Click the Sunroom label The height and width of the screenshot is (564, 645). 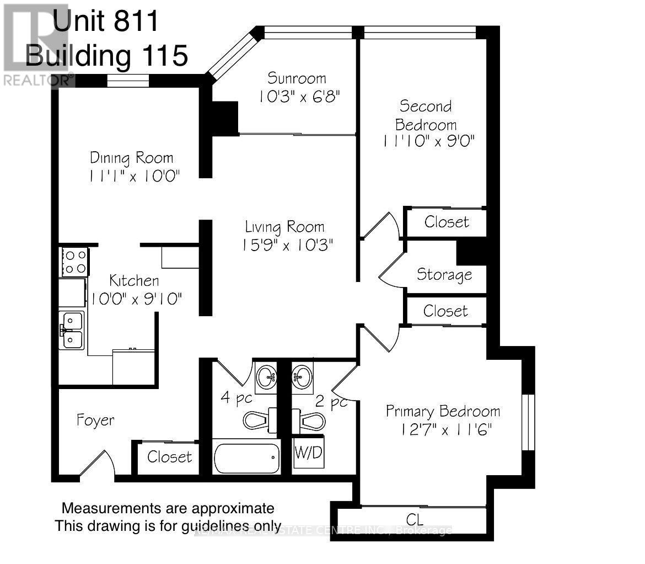coord(297,78)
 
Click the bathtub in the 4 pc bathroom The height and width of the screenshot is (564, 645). coord(246,457)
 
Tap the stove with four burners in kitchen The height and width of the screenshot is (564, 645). coord(74,262)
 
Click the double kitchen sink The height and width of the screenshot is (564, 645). coord(72,330)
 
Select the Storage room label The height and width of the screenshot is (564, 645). coord(444,274)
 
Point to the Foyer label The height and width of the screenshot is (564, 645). coord(95,420)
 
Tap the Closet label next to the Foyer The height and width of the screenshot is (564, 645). coord(169,457)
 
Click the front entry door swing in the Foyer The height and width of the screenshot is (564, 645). coord(98,462)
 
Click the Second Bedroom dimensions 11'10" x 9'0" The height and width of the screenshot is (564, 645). coord(428,142)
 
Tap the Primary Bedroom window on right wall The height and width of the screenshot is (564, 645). coord(528,422)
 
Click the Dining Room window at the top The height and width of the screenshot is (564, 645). coord(128,82)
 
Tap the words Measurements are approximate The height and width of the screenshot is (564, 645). coord(168,508)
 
